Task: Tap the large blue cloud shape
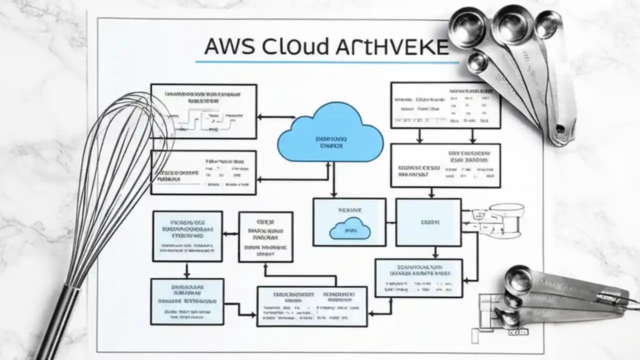[330, 133]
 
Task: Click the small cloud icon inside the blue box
[350, 229]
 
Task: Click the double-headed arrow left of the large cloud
[275, 117]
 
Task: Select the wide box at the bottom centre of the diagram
[311, 306]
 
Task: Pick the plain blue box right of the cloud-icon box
[428, 222]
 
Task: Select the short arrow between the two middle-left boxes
[230, 233]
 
